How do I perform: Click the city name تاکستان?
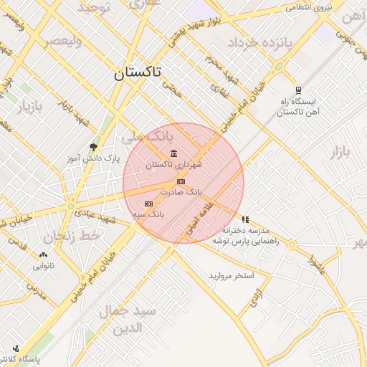138,73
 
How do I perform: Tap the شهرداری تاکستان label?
174,165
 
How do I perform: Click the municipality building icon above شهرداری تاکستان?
175,153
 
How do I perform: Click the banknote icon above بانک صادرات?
181,182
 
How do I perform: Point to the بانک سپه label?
148,214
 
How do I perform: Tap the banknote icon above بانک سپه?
148,204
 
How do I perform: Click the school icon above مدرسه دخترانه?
245,219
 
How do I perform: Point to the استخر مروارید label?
232,276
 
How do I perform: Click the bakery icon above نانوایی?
43,254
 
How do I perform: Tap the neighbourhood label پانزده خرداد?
261,43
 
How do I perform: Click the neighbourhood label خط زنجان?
68,237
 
